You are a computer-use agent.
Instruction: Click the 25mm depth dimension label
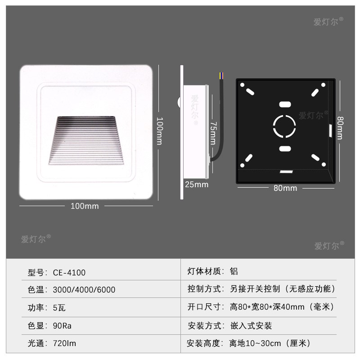coord(197,184)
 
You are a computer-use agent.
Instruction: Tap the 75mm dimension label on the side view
coord(214,133)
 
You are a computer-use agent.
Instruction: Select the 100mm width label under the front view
coord(85,206)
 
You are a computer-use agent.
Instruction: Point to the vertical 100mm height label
coord(159,130)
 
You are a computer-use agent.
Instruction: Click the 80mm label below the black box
coord(285,188)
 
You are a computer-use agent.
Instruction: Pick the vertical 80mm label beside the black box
coord(340,128)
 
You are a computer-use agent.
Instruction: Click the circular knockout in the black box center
coord(284,126)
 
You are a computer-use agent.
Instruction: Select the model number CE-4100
coord(69,272)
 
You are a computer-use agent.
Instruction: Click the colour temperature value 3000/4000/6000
coord(84,290)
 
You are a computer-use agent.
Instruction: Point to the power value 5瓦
coord(59,308)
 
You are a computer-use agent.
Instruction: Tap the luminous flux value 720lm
coord(64,344)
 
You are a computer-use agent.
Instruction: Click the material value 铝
coord(234,271)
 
